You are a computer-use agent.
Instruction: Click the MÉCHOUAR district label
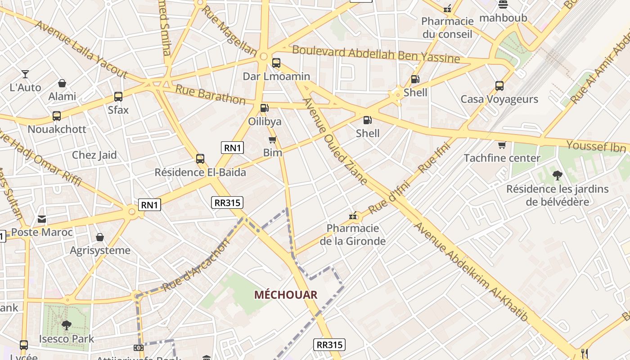[x=286, y=295]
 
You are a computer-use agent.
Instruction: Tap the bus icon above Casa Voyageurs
[x=499, y=86]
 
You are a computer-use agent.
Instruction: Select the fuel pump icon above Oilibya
[x=265, y=108]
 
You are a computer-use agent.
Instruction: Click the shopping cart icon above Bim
[x=272, y=139]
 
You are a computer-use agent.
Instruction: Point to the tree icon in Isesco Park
[x=67, y=325]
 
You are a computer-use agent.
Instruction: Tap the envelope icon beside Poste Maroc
[x=42, y=219]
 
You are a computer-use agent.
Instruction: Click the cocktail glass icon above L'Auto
[x=25, y=74]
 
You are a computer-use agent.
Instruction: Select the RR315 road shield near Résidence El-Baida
[x=227, y=202]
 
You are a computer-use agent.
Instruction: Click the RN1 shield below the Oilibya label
[x=232, y=148]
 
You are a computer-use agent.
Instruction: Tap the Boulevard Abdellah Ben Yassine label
[x=376, y=54]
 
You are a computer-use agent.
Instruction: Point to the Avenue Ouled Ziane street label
[x=335, y=142]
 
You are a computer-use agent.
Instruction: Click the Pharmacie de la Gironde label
[x=352, y=234]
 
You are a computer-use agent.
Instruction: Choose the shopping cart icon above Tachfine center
[x=502, y=145]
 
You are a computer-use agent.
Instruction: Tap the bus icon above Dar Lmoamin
[x=276, y=63]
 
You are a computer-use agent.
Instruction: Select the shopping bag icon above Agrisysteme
[x=100, y=237]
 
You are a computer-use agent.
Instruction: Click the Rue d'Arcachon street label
[x=196, y=265]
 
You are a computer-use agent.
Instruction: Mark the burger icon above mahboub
[x=503, y=5]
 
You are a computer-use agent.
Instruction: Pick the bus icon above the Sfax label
[x=118, y=97]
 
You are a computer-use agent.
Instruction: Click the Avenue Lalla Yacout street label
[x=81, y=49]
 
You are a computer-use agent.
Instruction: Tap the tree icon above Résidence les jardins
[x=557, y=175]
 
